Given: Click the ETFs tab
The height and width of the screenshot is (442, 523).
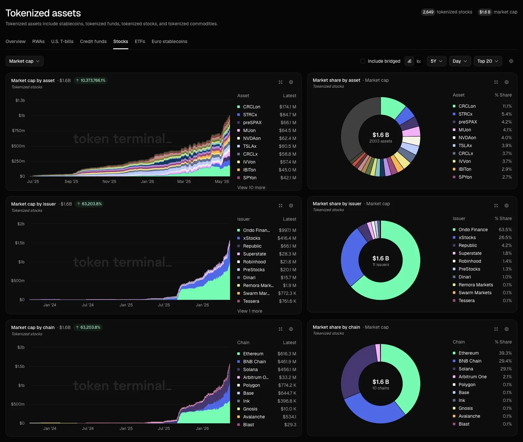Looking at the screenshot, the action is click(x=140, y=41).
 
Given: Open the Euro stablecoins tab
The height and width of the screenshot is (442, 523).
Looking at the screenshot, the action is click(x=169, y=41).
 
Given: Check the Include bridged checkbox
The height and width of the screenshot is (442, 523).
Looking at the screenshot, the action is click(x=363, y=61).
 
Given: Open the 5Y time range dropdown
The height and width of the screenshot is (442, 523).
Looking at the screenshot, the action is click(x=436, y=61).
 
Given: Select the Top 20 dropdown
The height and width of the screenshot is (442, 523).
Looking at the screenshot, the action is click(x=488, y=61).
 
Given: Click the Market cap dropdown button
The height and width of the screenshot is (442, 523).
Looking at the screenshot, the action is click(x=25, y=61).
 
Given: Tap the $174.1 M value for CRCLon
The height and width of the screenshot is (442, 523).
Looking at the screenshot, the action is click(x=287, y=107).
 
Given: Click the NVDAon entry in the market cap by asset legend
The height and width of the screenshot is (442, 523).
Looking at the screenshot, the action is click(x=252, y=138).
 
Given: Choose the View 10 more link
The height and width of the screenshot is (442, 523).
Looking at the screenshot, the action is click(x=251, y=188).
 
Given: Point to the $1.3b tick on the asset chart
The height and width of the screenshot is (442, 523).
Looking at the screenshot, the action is click(x=20, y=100).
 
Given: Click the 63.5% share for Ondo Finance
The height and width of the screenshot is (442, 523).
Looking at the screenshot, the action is click(x=505, y=230).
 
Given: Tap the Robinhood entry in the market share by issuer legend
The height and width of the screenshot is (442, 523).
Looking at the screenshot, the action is click(x=470, y=261).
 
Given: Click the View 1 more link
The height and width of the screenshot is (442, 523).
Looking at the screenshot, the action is click(x=250, y=311).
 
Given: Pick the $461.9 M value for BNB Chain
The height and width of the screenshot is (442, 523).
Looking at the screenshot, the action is click(x=287, y=362).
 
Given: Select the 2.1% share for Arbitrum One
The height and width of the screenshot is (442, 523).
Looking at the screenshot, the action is click(x=507, y=377).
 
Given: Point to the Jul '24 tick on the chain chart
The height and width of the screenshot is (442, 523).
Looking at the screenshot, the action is click(x=88, y=429).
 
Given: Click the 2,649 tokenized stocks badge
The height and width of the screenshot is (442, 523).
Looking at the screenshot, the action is click(x=447, y=12).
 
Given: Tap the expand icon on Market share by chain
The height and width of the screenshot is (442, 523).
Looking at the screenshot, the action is click(x=496, y=329).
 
